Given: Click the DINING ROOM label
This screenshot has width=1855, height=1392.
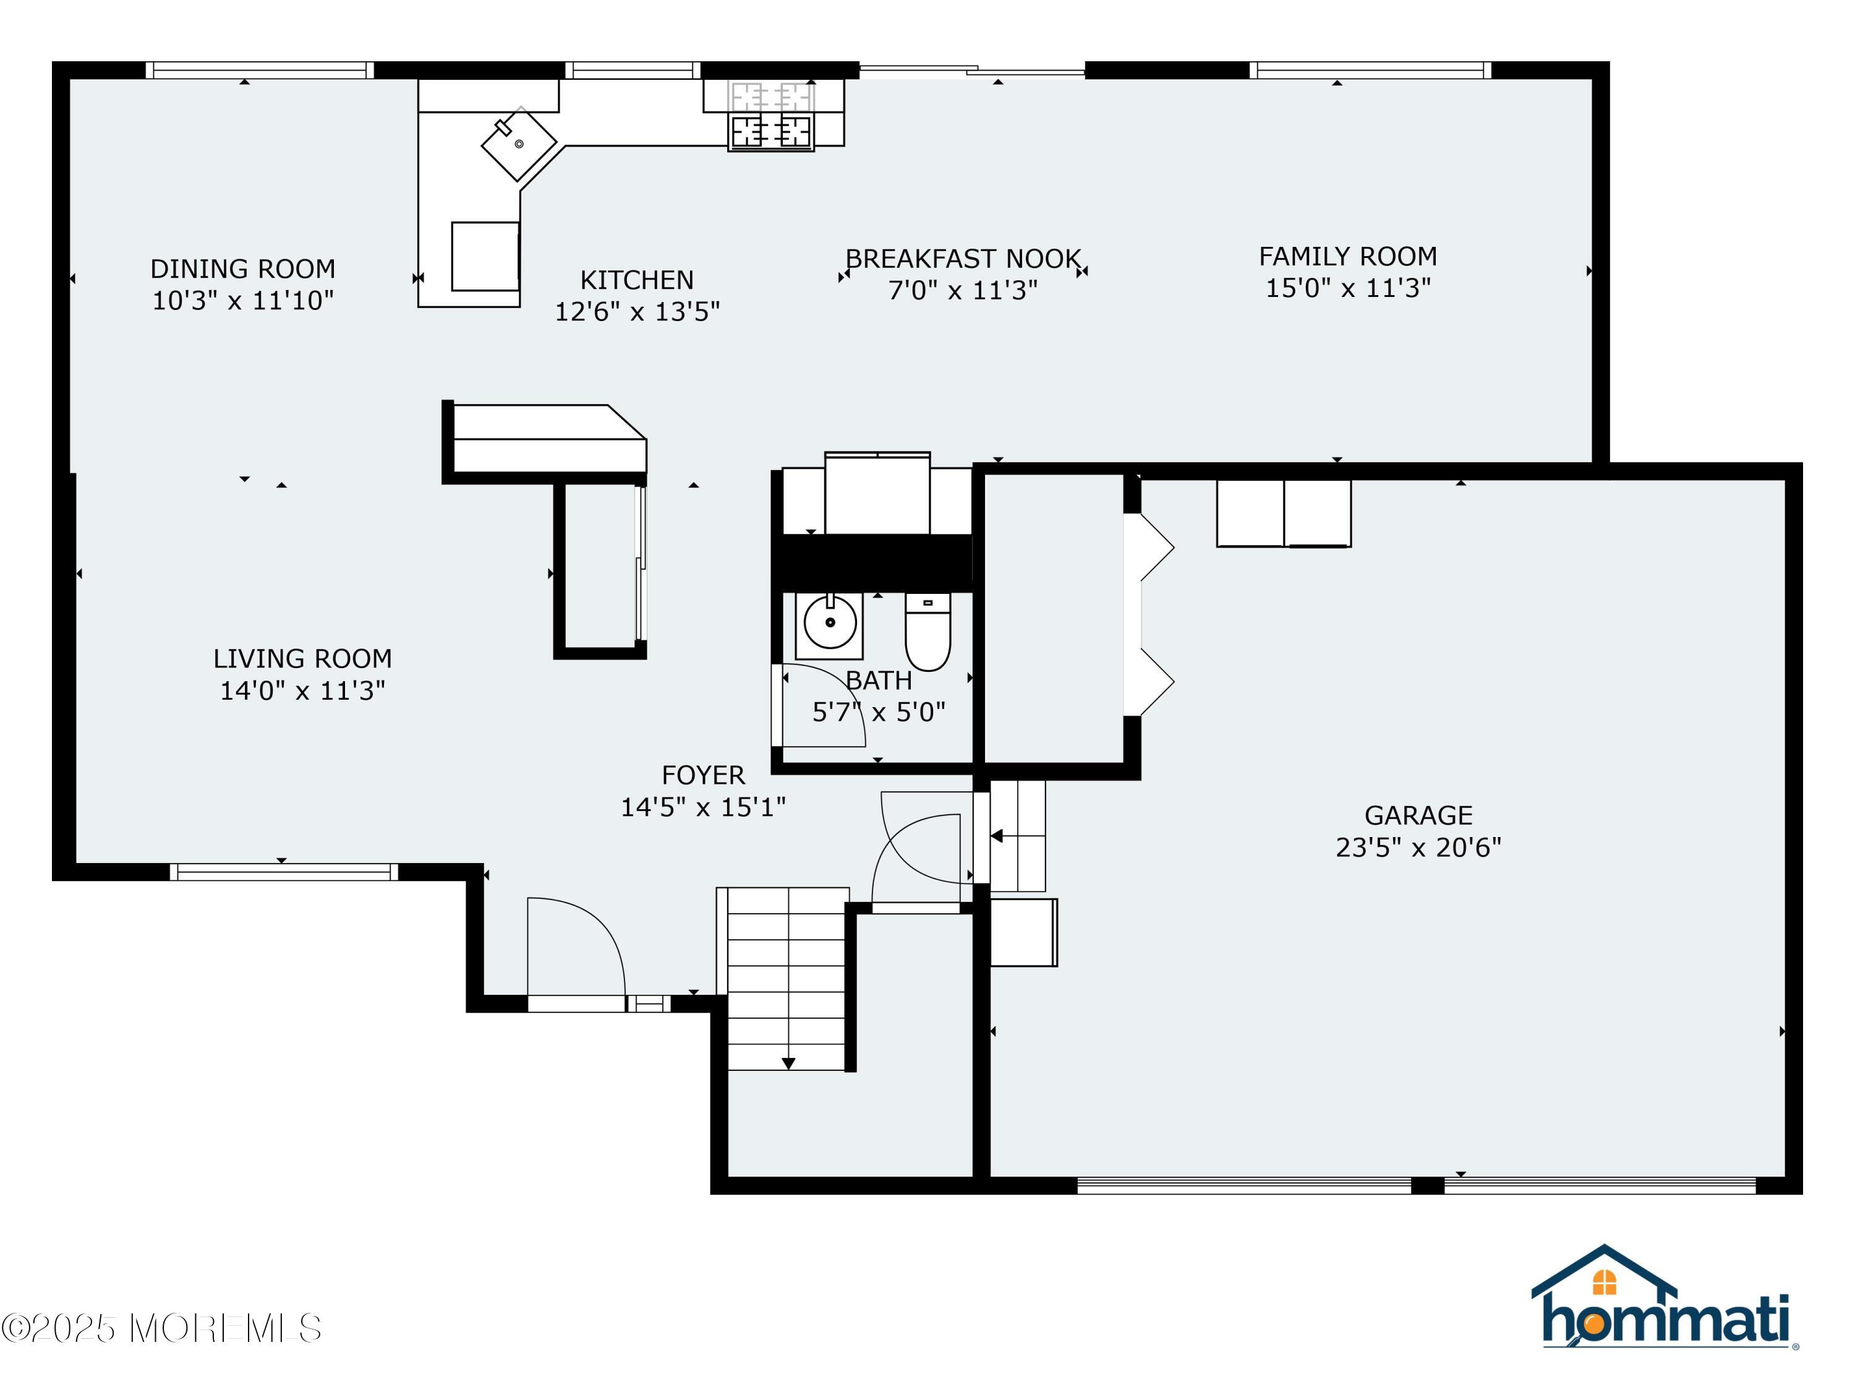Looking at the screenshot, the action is [x=242, y=269].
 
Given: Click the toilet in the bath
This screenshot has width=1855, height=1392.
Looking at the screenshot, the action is [x=927, y=632].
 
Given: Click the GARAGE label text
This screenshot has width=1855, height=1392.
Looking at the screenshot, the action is [x=1418, y=815].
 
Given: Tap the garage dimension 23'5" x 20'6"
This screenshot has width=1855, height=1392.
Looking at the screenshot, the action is [x=1418, y=848].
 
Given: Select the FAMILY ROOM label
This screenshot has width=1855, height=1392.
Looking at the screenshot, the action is [x=1347, y=256].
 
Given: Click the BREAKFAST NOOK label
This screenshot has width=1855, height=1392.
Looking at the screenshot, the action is [x=963, y=259].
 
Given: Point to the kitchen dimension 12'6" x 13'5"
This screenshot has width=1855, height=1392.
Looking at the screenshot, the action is [x=638, y=311].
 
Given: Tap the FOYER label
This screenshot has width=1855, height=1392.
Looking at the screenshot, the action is [x=703, y=775].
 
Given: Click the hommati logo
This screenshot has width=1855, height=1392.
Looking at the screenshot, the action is [x=1664, y=1298].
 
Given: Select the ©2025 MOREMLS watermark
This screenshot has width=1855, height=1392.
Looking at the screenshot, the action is [x=161, y=1328].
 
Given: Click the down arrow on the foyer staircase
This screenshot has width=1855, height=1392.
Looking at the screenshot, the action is [x=788, y=1064].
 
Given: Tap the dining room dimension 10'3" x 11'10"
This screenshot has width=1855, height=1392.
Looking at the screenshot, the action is [x=242, y=301].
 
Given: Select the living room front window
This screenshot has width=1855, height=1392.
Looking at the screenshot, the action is [x=284, y=872].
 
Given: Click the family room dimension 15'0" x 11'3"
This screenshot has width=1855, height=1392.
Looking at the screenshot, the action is [x=1347, y=288].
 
